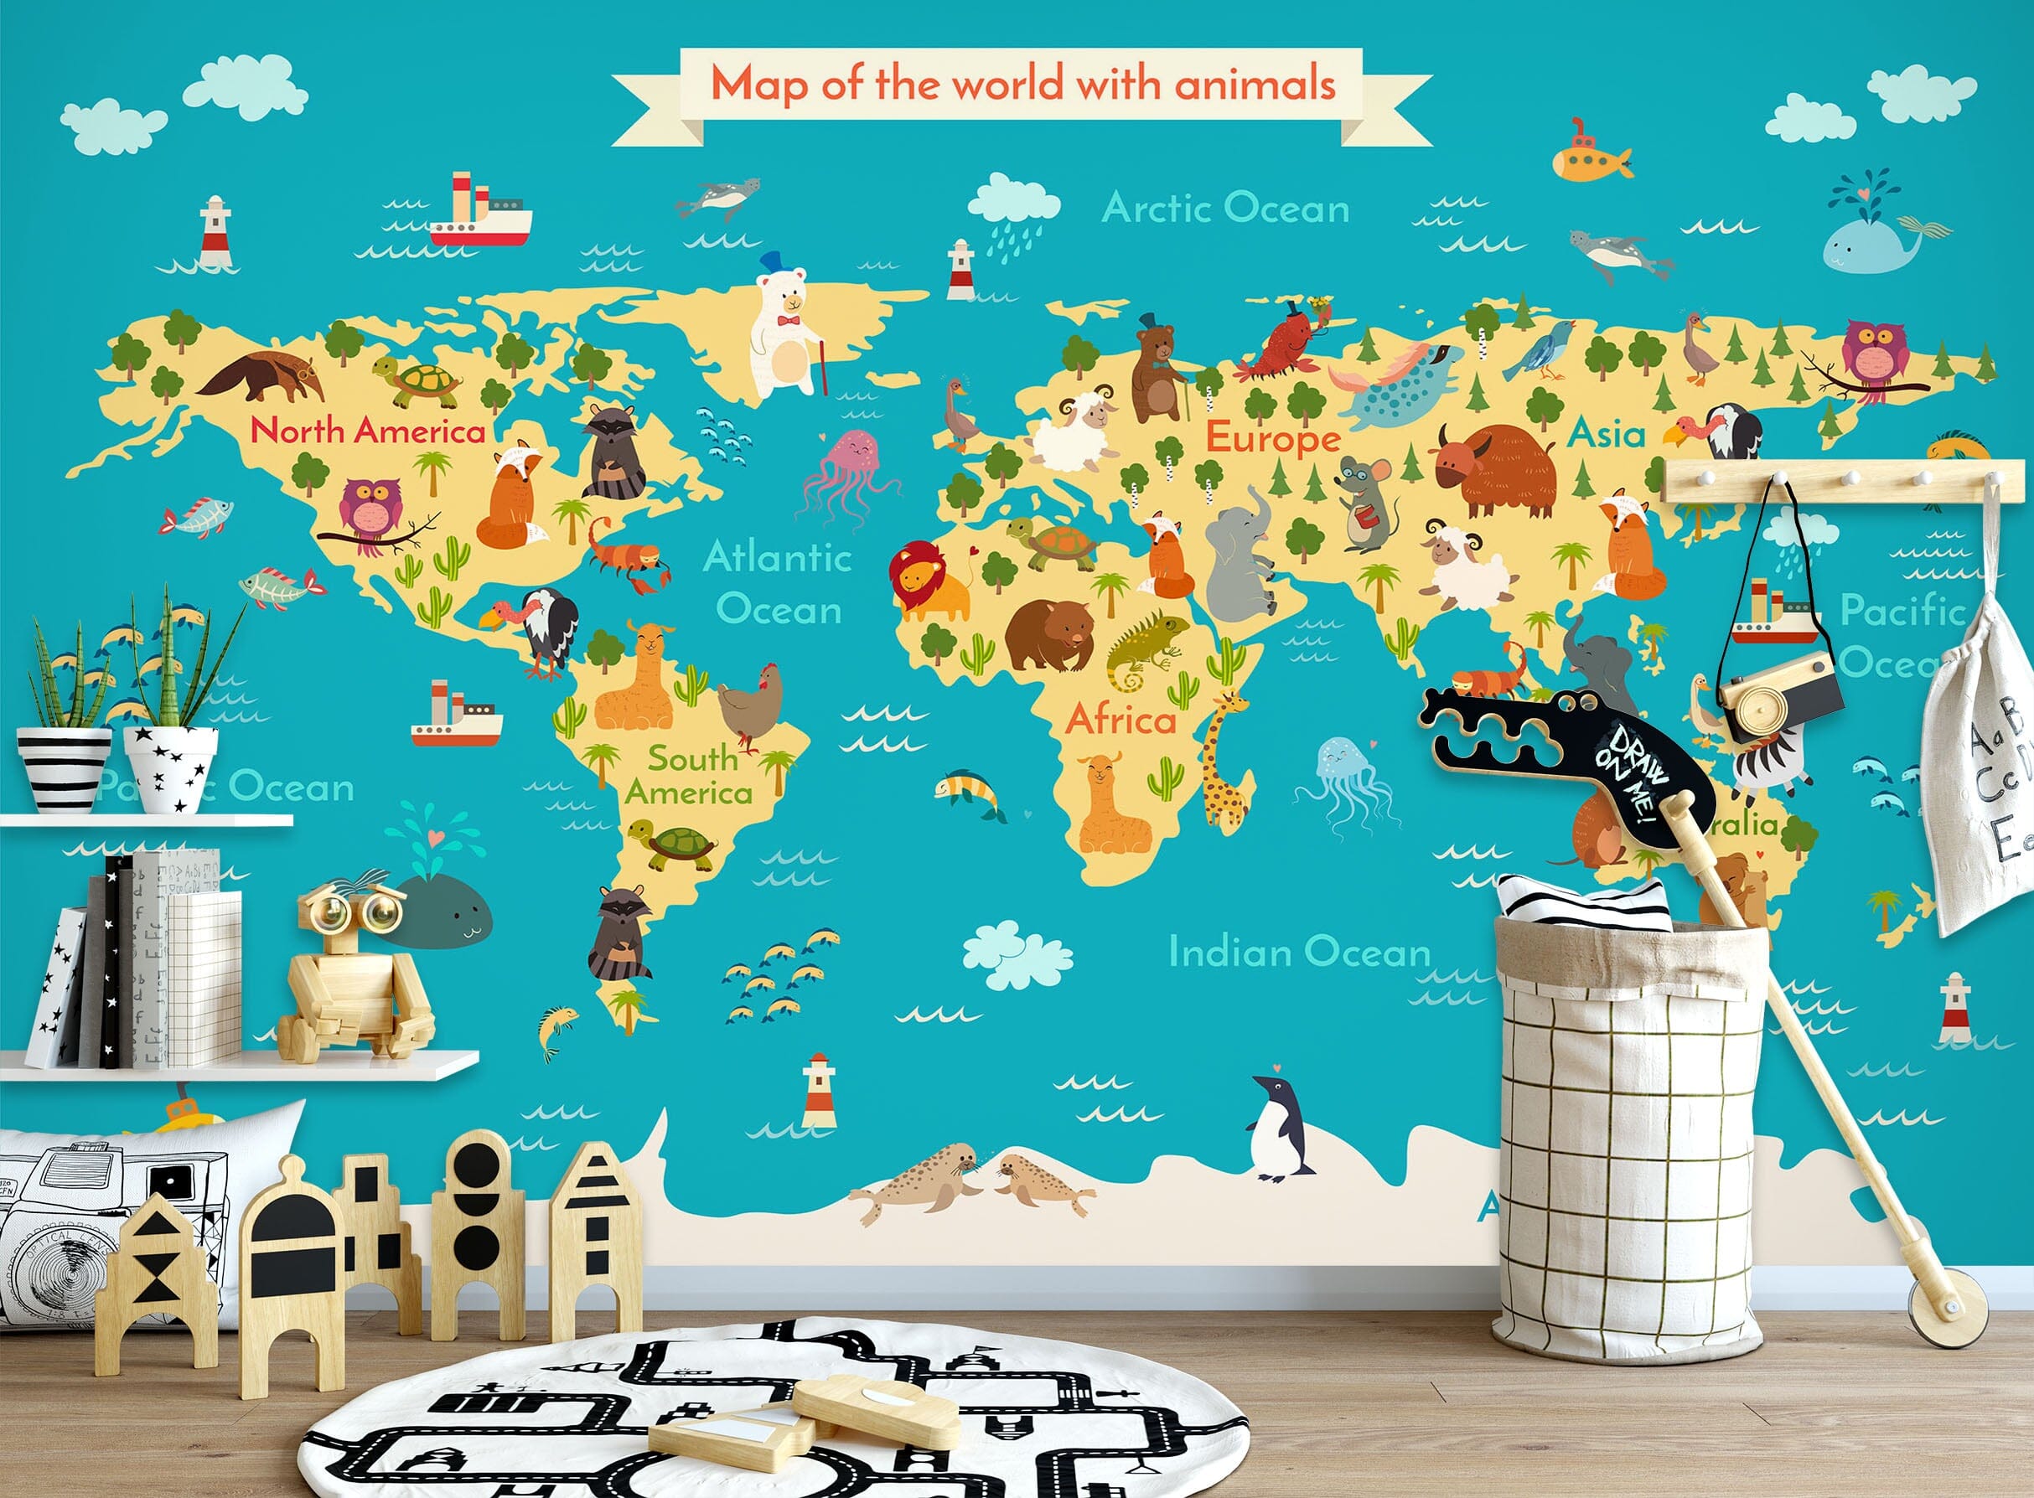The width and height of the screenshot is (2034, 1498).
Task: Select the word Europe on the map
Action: coord(1272,439)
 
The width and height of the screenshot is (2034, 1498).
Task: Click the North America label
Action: coord(367,430)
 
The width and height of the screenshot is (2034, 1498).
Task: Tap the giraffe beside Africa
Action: coord(1224,762)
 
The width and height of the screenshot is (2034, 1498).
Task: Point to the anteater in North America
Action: coord(256,374)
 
